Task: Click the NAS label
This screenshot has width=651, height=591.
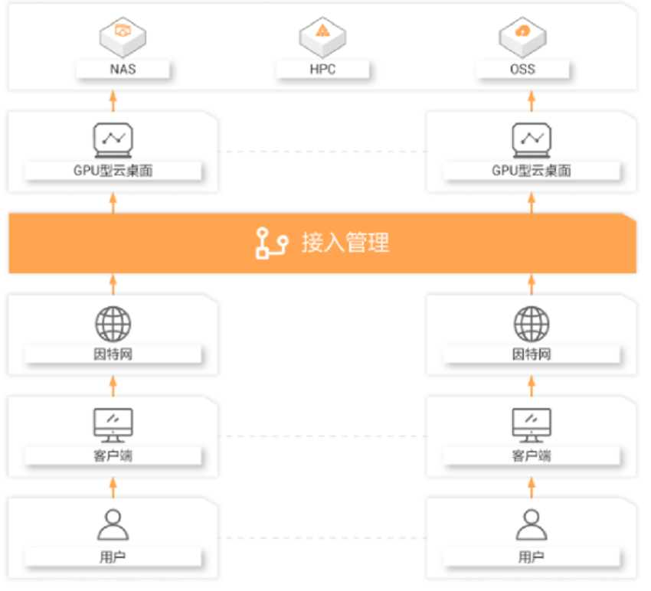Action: (123, 69)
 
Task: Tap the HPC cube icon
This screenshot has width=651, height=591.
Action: (322, 38)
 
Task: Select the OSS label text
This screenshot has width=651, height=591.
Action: (522, 69)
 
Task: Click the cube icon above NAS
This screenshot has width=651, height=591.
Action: (123, 38)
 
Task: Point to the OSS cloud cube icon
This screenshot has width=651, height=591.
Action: (522, 38)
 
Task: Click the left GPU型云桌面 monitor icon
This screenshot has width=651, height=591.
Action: (113, 140)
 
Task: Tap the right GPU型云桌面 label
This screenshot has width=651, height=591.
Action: (532, 171)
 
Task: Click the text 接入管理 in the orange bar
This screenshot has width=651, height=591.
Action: (345, 243)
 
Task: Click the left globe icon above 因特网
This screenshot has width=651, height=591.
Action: (113, 324)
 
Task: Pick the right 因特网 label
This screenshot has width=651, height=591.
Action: (532, 354)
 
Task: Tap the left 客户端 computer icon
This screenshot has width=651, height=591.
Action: (113, 426)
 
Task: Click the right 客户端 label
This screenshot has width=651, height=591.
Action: (532, 456)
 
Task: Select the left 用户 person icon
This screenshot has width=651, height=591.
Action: (113, 524)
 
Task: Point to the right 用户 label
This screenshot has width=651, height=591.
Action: (532, 557)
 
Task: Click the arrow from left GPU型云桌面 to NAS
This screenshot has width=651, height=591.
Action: (113, 101)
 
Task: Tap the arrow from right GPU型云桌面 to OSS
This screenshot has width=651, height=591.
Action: (532, 101)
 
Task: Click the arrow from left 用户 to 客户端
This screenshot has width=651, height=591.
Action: (113, 488)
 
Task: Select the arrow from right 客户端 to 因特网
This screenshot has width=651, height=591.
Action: (532, 386)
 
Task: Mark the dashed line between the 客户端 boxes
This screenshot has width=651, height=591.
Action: (322, 436)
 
